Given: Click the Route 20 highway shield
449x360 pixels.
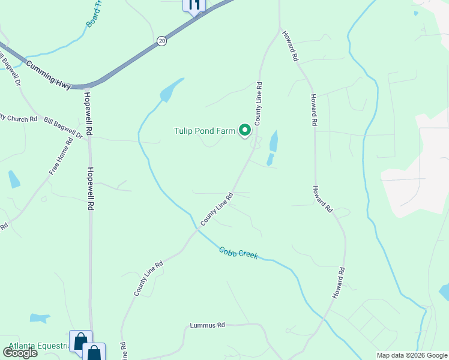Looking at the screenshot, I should coord(161,41).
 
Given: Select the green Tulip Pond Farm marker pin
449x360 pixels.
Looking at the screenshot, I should coord(245,130).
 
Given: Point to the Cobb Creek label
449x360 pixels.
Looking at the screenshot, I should coord(238,253).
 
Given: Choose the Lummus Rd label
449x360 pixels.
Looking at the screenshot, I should coord(207,325).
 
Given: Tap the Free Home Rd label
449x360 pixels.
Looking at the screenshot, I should coord(61,156).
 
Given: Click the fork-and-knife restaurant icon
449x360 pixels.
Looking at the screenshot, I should coord(194,5).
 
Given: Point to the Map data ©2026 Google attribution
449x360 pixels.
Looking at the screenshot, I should coord(411,355).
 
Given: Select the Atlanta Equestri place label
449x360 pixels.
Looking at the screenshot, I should coord(36,347).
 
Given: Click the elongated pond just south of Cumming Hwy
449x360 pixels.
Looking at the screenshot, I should coord(171,90).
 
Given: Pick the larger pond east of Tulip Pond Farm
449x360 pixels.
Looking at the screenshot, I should coord(274,141).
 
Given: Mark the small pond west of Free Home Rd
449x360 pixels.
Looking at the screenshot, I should coord(14,179).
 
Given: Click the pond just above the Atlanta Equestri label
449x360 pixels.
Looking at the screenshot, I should coord(40,318).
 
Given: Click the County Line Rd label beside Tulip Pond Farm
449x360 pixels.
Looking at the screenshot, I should coord(258,103).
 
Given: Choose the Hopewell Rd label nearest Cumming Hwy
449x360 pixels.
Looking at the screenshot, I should coord(88,112).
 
